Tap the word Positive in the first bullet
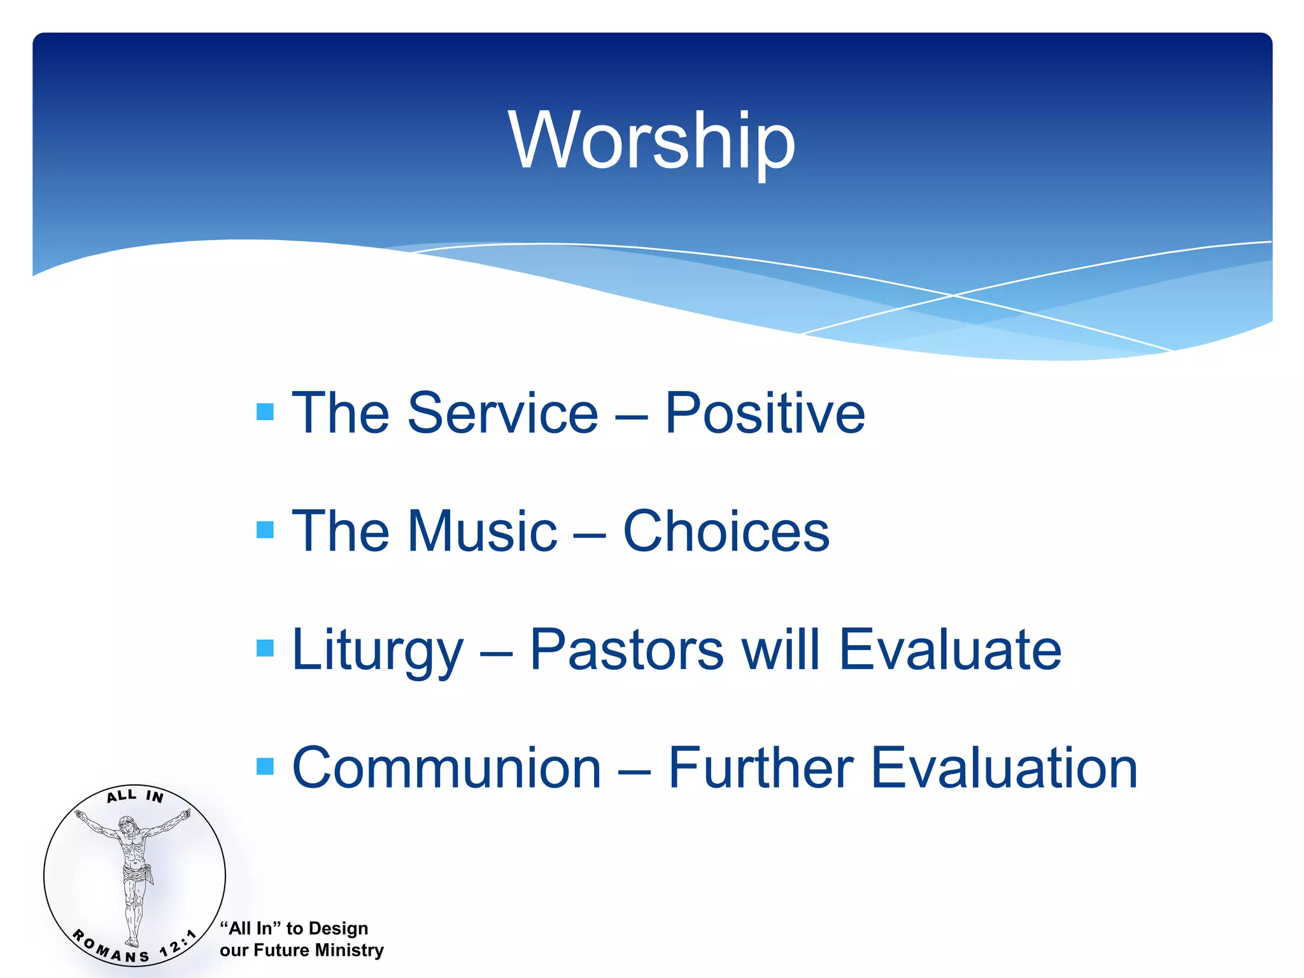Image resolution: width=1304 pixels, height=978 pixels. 765,413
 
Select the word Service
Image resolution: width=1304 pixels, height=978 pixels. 502,413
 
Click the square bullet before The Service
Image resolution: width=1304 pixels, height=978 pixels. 265,412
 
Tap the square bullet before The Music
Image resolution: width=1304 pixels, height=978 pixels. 265,530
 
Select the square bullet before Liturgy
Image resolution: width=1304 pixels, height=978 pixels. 265,648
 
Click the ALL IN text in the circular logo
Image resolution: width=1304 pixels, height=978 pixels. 135,795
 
